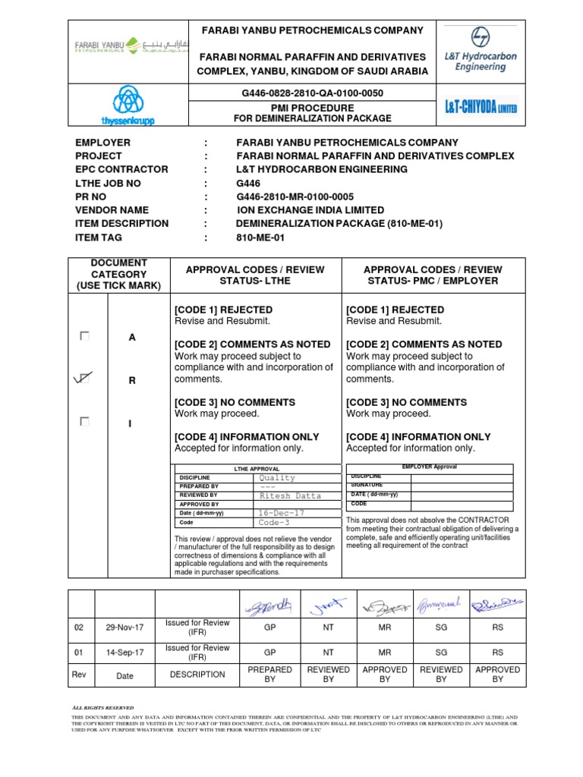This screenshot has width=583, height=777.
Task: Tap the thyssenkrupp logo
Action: point(124,105)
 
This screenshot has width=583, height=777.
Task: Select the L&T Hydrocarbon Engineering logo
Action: point(480,49)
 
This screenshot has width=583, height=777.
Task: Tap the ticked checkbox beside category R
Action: point(84,378)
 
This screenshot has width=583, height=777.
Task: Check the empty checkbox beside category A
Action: point(85,336)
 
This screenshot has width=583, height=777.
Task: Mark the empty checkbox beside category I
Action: point(85,421)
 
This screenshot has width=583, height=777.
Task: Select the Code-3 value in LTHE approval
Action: point(275,523)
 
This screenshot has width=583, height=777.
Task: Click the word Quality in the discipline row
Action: point(277,478)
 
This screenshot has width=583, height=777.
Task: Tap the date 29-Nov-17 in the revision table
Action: point(124,627)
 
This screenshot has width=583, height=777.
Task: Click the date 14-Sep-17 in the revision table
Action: point(124,652)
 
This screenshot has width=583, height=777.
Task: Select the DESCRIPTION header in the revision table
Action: point(197,674)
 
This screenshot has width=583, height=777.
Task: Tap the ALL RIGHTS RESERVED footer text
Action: point(103,707)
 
